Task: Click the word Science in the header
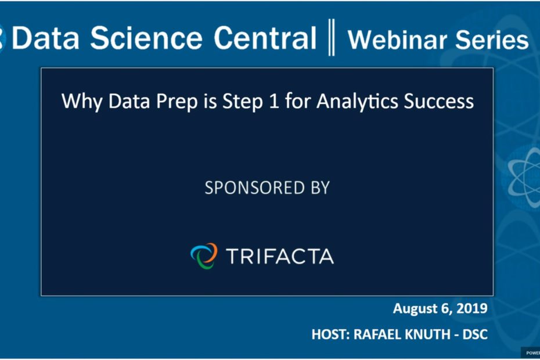tap(146, 38)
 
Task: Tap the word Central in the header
tap(265, 38)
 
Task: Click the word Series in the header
tap(492, 39)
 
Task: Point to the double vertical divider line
tap(332, 37)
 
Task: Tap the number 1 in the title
tap(274, 101)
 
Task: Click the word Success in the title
tap(439, 101)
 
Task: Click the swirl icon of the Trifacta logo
tap(204, 255)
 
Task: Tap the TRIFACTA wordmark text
tap(280, 256)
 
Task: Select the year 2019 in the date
tap(472, 308)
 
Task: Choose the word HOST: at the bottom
tap(330, 334)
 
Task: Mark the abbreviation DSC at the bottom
tap(475, 334)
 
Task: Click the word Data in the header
tap(45, 38)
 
